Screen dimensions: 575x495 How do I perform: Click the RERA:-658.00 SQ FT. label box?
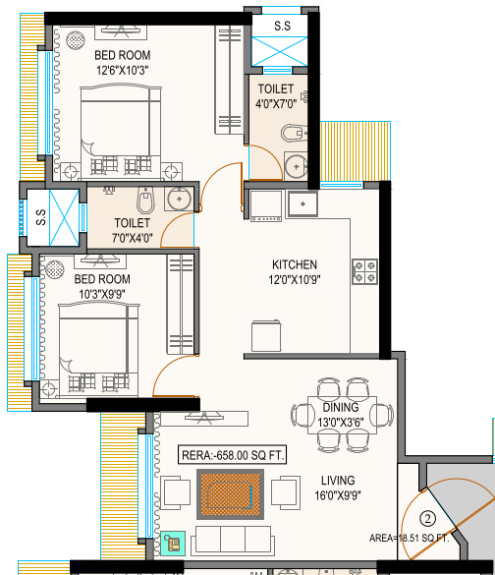233,455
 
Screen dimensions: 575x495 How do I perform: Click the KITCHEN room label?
295,264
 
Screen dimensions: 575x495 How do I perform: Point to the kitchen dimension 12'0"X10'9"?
295,280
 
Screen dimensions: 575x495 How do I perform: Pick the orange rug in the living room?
232,495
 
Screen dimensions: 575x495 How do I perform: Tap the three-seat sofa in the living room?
233,538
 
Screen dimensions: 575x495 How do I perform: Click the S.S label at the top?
282,25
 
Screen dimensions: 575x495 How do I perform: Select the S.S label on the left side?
40,218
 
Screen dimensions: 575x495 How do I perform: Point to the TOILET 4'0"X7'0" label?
276,95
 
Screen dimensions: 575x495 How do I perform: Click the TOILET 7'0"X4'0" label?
132,230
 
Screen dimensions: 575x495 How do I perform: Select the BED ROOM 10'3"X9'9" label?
104,286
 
